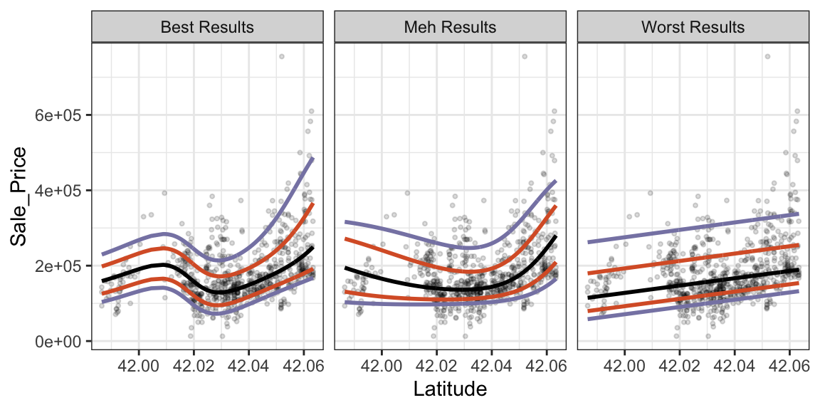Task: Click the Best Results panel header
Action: [207, 28]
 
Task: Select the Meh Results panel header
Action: [450, 28]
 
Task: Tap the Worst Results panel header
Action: [693, 28]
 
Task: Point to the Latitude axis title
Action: [450, 389]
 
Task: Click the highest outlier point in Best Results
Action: [282, 56]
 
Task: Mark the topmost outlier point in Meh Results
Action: [525, 56]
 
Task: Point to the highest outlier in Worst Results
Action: [767, 56]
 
